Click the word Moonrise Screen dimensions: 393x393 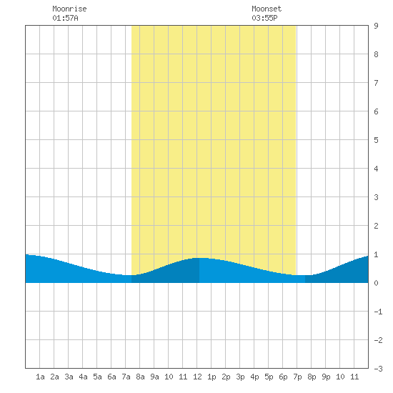tap(69, 9)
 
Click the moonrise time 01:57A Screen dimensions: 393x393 tap(65, 18)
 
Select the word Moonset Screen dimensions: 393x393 tap(267, 9)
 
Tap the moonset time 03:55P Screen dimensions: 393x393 tap(264, 18)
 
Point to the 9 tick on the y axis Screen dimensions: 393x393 tap(376, 26)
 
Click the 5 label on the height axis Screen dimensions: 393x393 tap(376, 140)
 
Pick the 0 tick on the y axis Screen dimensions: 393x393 tap(376, 283)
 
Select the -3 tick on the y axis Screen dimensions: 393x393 tap(378, 369)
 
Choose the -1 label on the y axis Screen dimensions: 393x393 tap(378, 312)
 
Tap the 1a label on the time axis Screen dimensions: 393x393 tap(40, 377)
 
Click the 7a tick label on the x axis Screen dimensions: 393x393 tap(126, 377)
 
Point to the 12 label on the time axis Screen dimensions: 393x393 tap(197, 377)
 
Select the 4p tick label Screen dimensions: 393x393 tap(254, 377)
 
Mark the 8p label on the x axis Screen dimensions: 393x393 tap(312, 377)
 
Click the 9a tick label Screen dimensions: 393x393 tap(154, 377)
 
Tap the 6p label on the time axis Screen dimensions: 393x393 tap(283, 377)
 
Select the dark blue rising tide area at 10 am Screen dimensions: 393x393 tap(169, 273)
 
